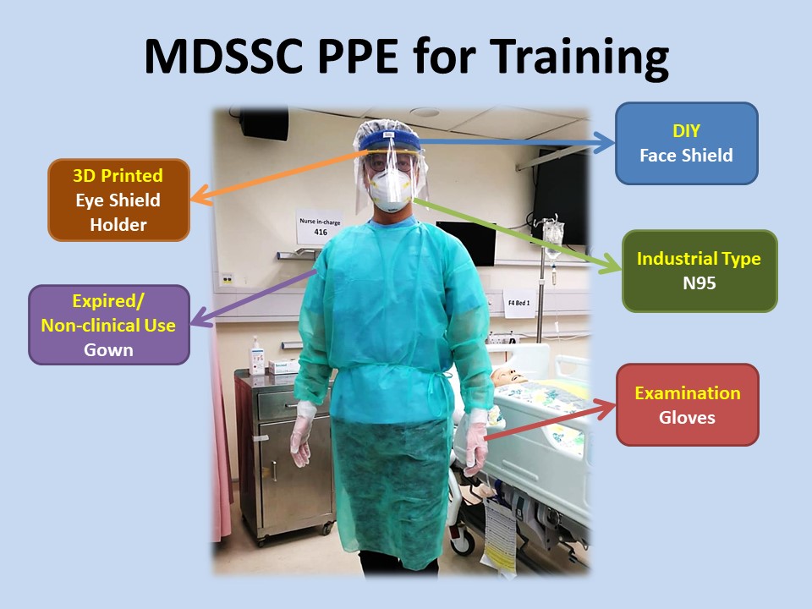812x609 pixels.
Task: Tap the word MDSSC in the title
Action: coord(223,56)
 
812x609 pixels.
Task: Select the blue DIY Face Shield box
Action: coord(687,144)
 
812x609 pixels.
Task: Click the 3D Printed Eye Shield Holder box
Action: coord(118,200)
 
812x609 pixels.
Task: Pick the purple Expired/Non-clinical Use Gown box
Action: coord(109,325)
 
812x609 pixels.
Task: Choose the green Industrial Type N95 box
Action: coord(700,271)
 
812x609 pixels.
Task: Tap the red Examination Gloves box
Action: coord(688,405)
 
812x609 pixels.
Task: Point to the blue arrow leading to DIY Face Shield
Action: coord(516,142)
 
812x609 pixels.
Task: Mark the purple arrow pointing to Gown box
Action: coord(253,298)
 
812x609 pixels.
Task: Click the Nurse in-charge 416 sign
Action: coord(320,227)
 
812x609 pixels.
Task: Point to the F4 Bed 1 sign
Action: coord(518,303)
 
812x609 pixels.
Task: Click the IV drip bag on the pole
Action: coord(553,236)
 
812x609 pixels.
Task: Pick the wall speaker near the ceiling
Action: coord(264,123)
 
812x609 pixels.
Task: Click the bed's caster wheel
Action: coord(462,541)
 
